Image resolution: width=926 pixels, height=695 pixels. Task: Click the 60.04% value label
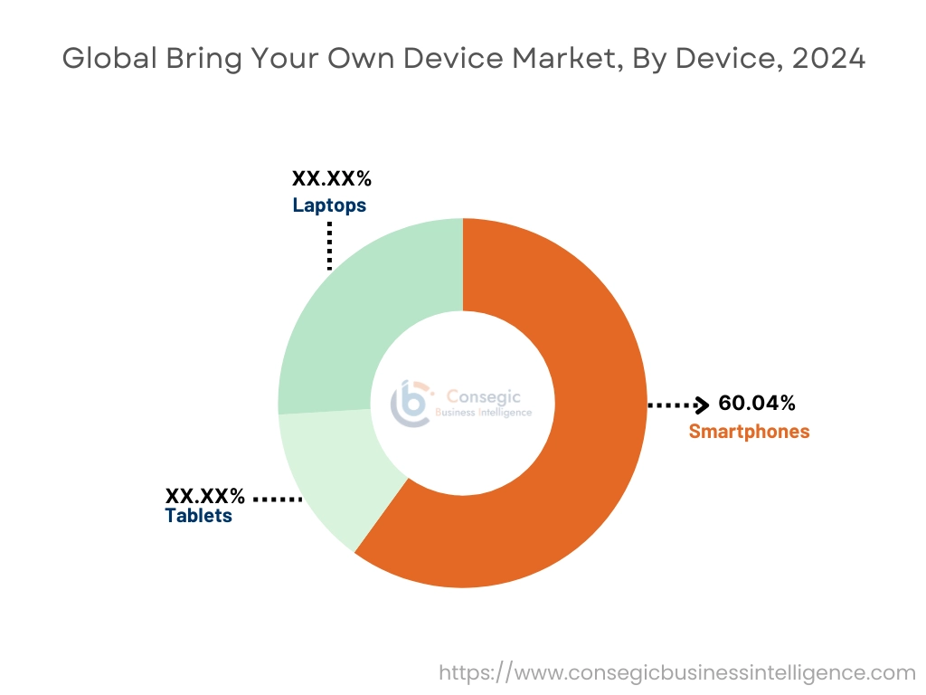pos(757,404)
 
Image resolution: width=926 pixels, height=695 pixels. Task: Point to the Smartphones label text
pos(749,432)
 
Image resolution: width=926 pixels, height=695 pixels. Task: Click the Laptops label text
pos(329,205)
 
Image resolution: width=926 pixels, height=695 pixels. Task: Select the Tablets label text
pos(198,516)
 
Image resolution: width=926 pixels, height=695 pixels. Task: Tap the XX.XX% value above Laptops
pos(331,178)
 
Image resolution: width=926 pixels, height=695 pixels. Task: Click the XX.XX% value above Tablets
pos(204,496)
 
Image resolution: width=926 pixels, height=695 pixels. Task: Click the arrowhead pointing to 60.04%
pos(702,405)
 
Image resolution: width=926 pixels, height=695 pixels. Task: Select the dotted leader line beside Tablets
pos(278,499)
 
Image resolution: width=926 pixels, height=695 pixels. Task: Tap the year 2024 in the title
pos(828,59)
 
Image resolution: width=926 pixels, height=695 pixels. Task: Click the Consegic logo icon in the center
pos(411,403)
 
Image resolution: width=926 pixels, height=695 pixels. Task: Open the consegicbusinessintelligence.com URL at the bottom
pos(677,672)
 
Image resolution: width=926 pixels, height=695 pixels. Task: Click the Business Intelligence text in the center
pos(484,413)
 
